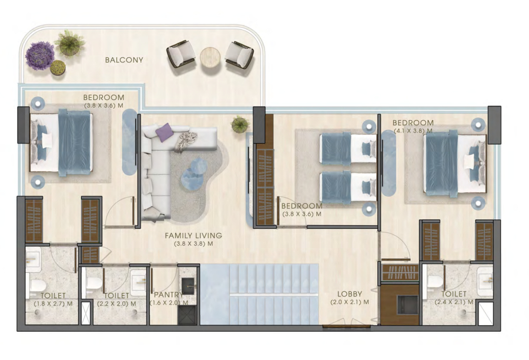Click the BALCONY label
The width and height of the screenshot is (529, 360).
[124, 60]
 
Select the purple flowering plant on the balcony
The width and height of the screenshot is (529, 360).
[40, 56]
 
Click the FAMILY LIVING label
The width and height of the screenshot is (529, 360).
[193, 235]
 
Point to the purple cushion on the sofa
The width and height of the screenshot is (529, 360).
[165, 132]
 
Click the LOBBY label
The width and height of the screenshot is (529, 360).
[350, 294]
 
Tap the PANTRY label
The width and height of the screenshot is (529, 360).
[168, 295]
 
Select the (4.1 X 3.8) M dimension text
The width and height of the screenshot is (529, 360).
[413, 131]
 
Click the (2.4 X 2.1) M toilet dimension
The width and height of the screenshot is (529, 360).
[453, 302]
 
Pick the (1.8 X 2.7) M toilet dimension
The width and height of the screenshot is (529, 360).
[53, 304]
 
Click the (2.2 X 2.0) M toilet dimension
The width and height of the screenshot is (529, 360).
[117, 304]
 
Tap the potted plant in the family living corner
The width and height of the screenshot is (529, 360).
[240, 124]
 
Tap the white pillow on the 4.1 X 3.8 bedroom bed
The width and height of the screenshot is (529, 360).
[470, 161]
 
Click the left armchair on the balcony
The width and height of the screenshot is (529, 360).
[181, 54]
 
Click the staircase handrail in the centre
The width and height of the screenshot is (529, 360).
[273, 295]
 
